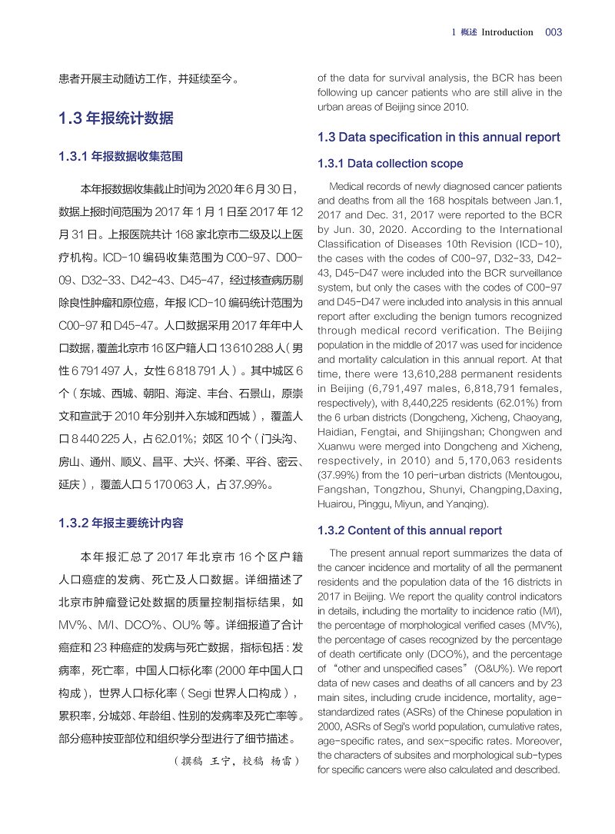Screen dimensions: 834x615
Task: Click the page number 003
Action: (553, 32)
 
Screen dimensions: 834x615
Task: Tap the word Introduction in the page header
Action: (507, 32)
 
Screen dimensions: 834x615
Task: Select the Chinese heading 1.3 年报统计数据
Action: (116, 118)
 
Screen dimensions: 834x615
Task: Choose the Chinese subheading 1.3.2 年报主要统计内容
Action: (121, 523)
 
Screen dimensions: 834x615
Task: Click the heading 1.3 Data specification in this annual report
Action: (438, 138)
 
